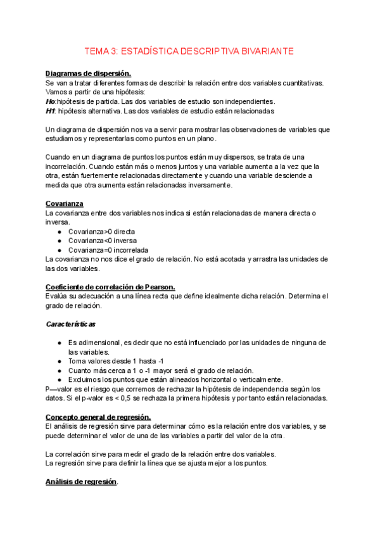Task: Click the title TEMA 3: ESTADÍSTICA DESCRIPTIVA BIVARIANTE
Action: pos(190,51)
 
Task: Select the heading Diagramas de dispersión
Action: pos(88,73)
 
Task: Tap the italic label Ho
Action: pos(50,101)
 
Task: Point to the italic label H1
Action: pos(50,111)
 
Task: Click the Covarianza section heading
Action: pos(65,203)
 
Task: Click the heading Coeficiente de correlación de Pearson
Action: pos(110,287)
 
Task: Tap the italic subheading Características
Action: pos(71,324)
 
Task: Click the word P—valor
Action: pos(60,389)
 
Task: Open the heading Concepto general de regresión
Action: pos(98,417)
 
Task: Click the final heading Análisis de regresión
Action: pos(81,482)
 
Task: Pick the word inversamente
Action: pos(207,185)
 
